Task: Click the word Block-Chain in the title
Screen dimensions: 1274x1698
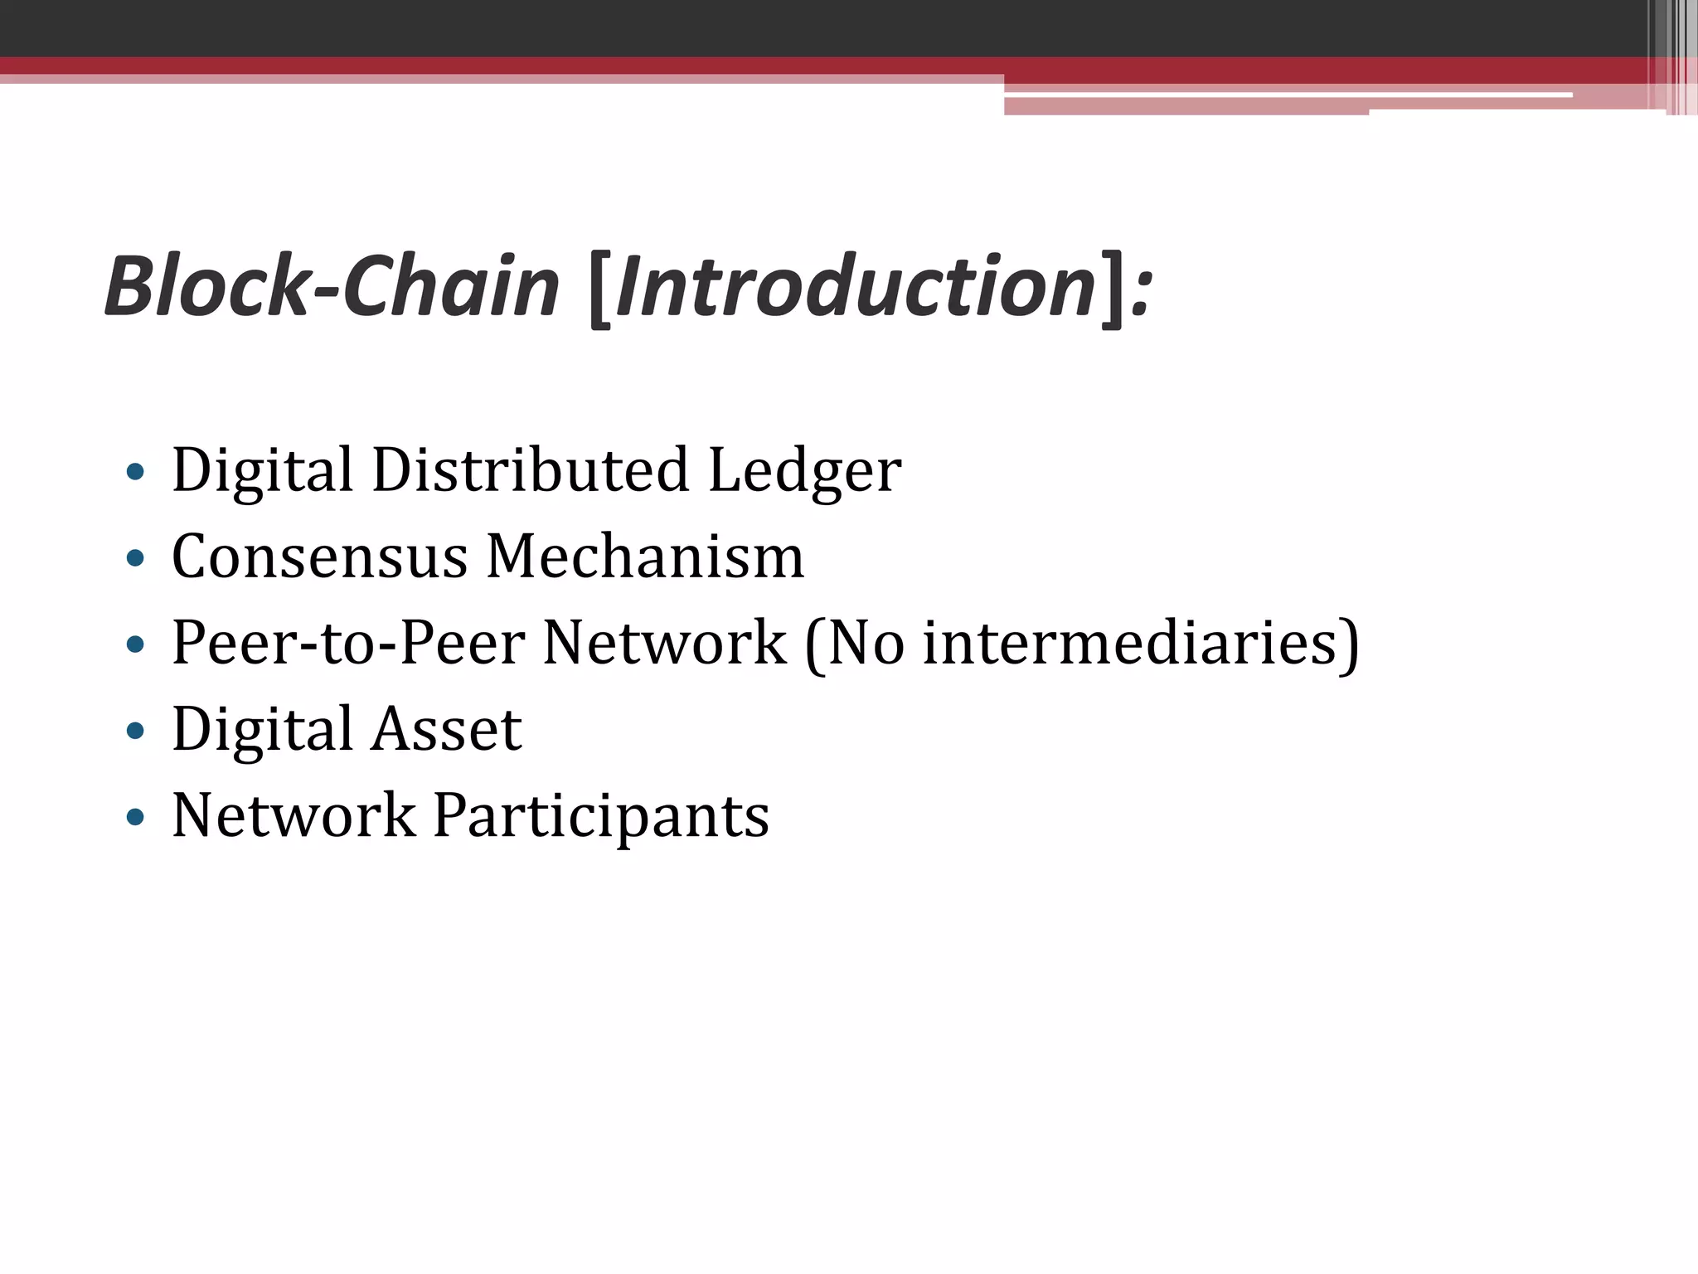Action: [x=332, y=286]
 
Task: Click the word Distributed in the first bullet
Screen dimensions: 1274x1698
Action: [x=531, y=470]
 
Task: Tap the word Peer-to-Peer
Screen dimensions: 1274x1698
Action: [x=348, y=644]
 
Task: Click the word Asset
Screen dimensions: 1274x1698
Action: [x=447, y=730]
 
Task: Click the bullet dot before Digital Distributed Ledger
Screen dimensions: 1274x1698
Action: [x=135, y=473]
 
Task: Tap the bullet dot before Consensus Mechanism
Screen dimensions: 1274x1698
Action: [x=135, y=559]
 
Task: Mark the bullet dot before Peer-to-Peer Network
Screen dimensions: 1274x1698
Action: [x=135, y=645]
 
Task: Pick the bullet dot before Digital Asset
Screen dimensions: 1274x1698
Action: [x=135, y=732]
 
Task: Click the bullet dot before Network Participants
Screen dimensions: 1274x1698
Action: [x=135, y=819]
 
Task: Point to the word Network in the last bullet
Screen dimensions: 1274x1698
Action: [x=294, y=815]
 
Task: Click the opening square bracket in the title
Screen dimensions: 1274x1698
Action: [x=599, y=289]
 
